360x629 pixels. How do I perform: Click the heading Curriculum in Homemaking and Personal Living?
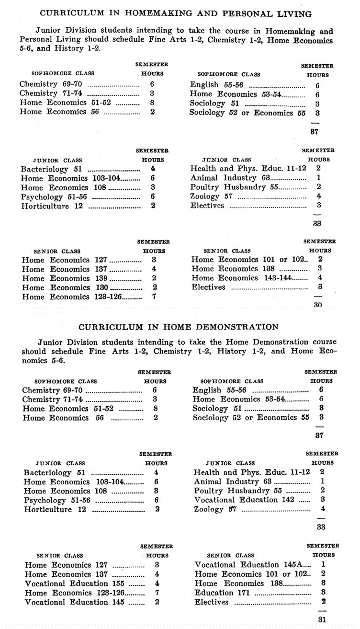coord(175,13)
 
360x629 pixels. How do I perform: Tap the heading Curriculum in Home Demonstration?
coord(178,327)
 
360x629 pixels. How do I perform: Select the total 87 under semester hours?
coord(314,131)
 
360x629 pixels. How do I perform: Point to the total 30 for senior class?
coord(317,304)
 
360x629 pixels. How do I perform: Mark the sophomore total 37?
coord(319,435)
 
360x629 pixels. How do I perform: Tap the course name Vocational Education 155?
coord(74,583)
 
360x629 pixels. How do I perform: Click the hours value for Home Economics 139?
coord(154,278)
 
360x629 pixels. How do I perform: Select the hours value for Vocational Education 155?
coord(157,583)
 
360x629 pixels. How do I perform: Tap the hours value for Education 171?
coord(324,593)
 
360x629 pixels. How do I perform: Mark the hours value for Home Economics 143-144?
coord(320,278)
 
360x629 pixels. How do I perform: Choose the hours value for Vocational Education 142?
coord(323,500)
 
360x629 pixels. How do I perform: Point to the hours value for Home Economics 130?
coord(154,287)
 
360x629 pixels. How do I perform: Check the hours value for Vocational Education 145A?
coord(324,565)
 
